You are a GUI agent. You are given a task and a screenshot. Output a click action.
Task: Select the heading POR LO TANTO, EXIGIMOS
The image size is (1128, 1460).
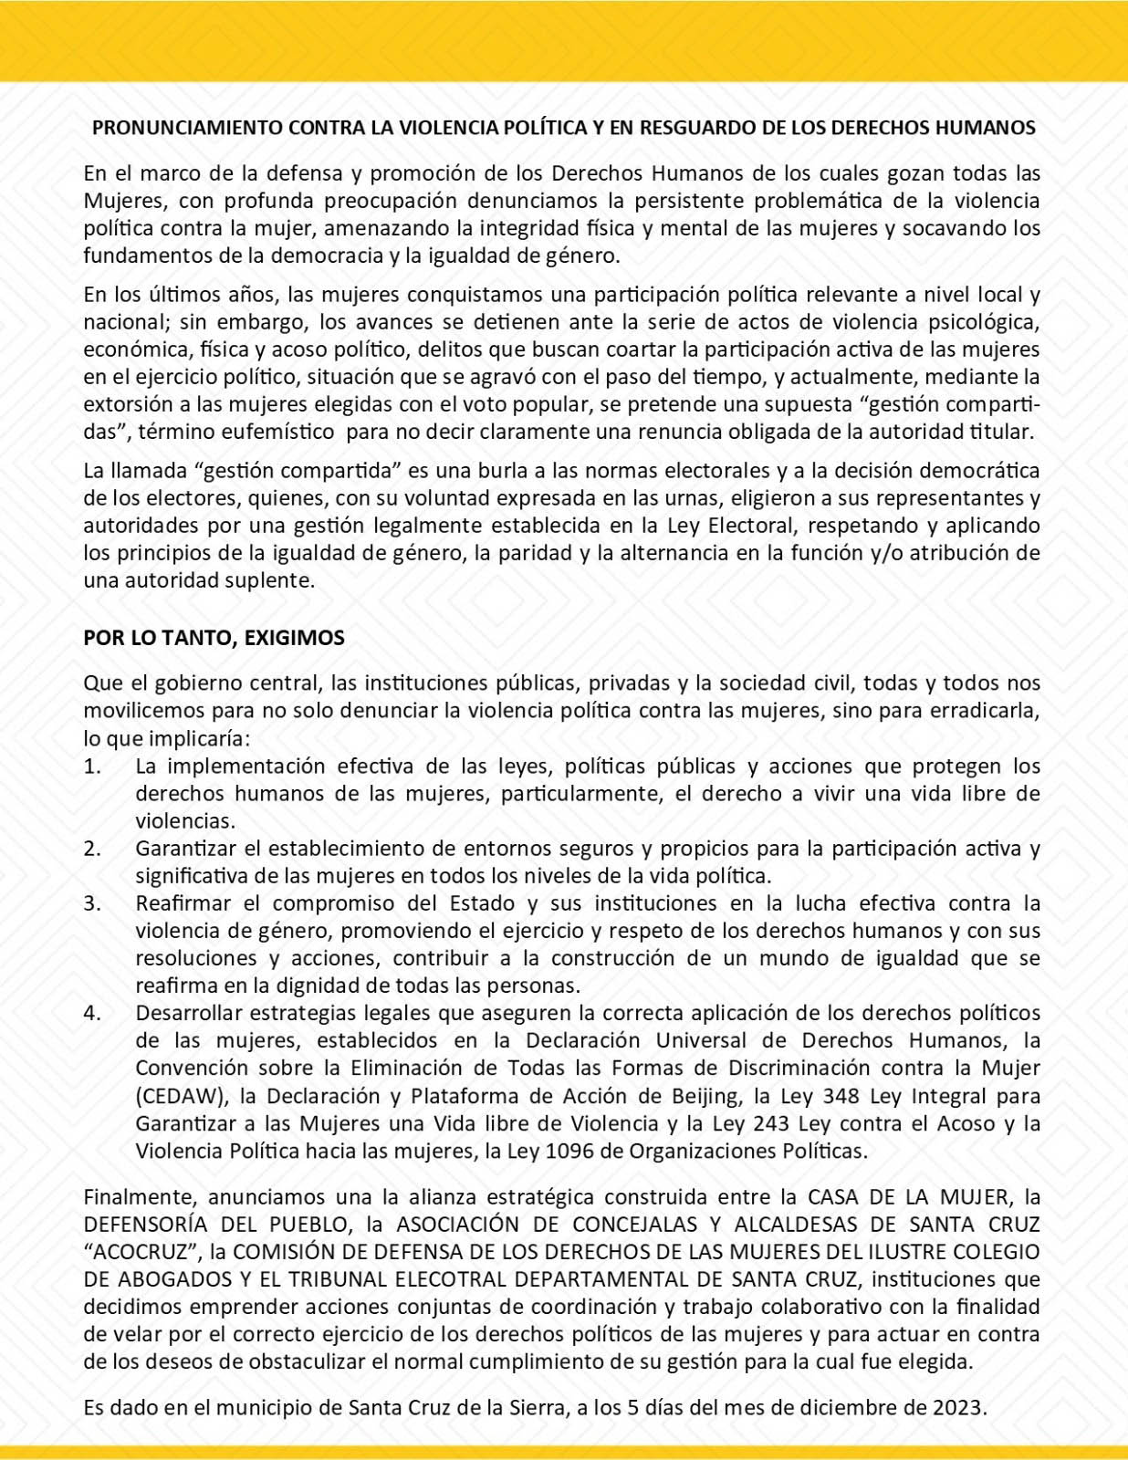pyautogui.click(x=214, y=638)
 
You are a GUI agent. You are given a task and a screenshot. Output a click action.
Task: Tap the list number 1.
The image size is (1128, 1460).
pyautogui.click(x=91, y=766)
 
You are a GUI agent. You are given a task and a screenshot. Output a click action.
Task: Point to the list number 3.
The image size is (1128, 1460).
pyautogui.click(x=92, y=903)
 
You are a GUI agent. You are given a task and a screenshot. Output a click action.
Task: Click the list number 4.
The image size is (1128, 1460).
pyautogui.click(x=92, y=1013)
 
